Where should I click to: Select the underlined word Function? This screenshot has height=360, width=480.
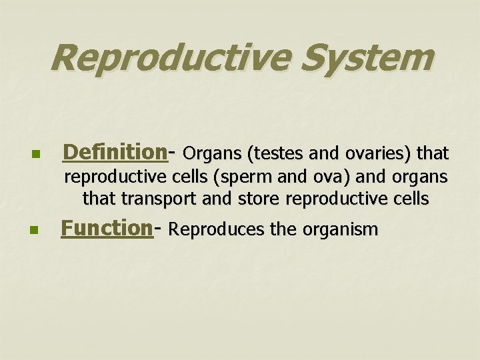pos(107,228)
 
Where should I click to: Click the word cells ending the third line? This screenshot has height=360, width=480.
pos(411,198)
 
